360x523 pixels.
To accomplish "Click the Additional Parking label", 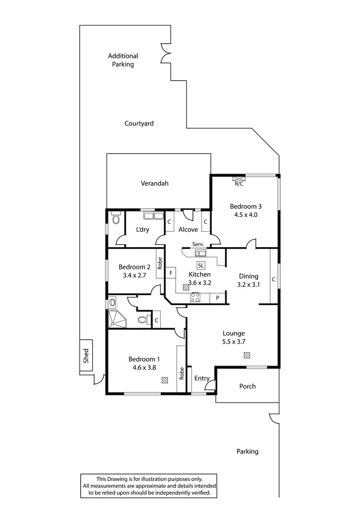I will click(x=123, y=60).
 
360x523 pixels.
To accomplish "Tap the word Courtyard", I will click(x=139, y=123).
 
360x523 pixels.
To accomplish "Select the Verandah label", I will click(x=155, y=183).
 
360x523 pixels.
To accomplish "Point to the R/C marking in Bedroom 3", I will click(x=239, y=183).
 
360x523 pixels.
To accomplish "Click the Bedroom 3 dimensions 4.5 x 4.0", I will click(x=246, y=215).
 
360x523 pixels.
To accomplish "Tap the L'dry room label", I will click(x=143, y=230).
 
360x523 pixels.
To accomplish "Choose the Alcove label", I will click(x=188, y=230).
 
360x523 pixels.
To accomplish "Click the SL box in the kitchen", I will click(x=201, y=265).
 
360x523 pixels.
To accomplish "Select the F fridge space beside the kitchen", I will click(x=171, y=273).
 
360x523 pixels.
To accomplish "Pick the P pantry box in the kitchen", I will click(x=217, y=298).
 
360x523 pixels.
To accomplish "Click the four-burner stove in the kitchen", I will click(x=195, y=298).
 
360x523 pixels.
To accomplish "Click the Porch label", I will click(x=247, y=386).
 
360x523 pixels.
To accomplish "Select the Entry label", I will click(x=202, y=379).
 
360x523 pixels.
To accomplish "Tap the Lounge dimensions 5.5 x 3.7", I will click(x=234, y=342).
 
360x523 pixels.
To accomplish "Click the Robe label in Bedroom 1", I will click(x=181, y=373).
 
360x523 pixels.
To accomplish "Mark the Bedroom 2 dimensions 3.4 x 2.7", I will click(x=135, y=275).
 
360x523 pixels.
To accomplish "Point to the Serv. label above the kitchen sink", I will click(x=198, y=245).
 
